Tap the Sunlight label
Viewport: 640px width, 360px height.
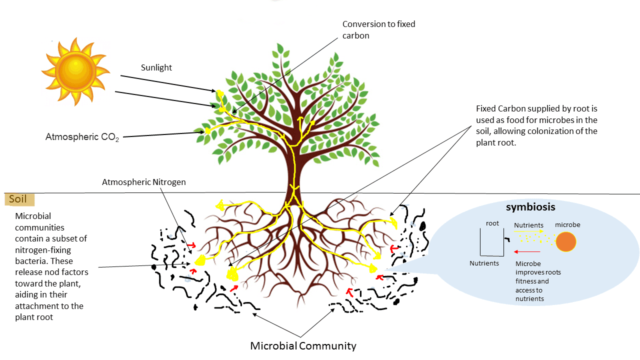pyautogui.click(x=156, y=67)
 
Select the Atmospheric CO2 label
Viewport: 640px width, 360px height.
pyautogui.click(x=82, y=137)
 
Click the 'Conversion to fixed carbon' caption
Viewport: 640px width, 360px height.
pyautogui.click(x=378, y=29)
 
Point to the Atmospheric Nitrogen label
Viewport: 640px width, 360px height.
pyautogui.click(x=143, y=182)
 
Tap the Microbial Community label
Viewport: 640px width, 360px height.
pyautogui.click(x=303, y=345)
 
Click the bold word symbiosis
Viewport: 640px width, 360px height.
pyautogui.click(x=530, y=206)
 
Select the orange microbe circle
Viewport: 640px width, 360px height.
pyautogui.click(x=566, y=242)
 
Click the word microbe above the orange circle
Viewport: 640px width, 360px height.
pyautogui.click(x=567, y=225)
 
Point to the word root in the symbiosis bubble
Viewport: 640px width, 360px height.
pyautogui.click(x=492, y=223)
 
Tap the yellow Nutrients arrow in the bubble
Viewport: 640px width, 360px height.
pyautogui.click(x=527, y=232)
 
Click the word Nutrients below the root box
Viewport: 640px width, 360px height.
pyautogui.click(x=484, y=263)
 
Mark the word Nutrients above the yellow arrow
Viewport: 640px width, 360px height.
pyautogui.click(x=528, y=225)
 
